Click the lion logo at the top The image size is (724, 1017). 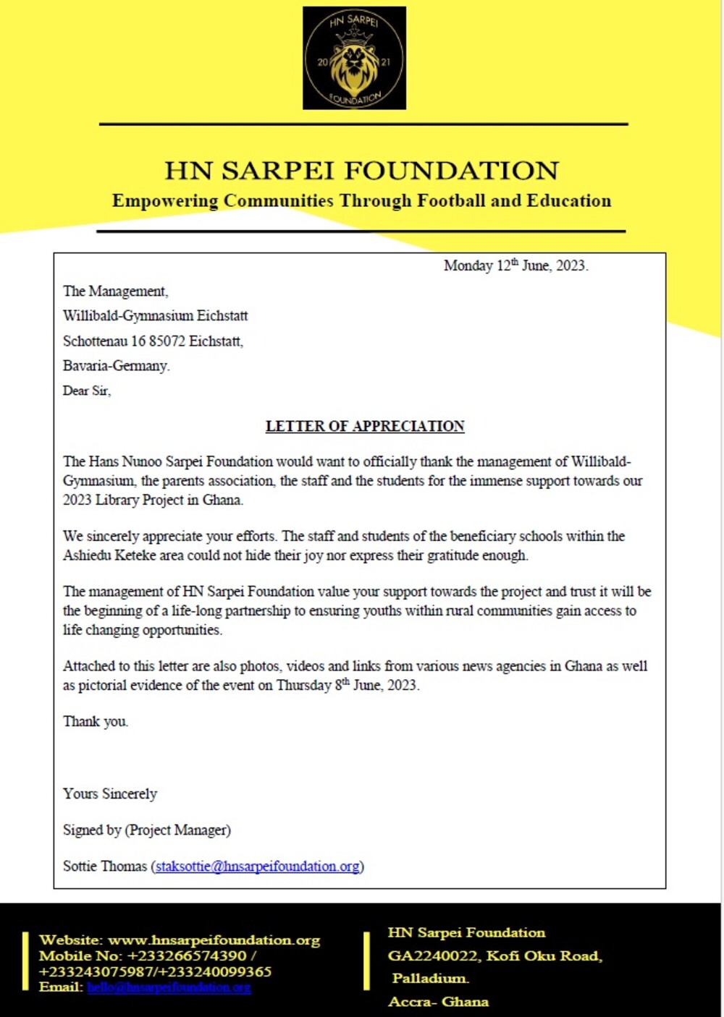[354, 59]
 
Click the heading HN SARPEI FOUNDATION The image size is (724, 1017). [362, 171]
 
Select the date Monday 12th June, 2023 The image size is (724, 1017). [515, 265]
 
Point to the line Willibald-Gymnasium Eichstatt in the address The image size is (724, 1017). [155, 315]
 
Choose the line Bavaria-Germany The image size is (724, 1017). [116, 365]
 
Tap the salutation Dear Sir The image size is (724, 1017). [86, 391]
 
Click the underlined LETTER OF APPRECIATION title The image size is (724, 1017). [365, 426]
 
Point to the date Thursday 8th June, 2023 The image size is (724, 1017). [348, 685]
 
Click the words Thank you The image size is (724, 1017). [95, 721]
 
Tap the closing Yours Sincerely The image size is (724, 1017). [109, 793]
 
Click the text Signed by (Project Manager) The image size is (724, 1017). [146, 830]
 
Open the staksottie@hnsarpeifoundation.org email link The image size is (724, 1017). [258, 866]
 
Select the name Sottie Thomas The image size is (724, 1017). [104, 866]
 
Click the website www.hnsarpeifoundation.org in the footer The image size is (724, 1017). [214, 940]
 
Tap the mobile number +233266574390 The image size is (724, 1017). [187, 956]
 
